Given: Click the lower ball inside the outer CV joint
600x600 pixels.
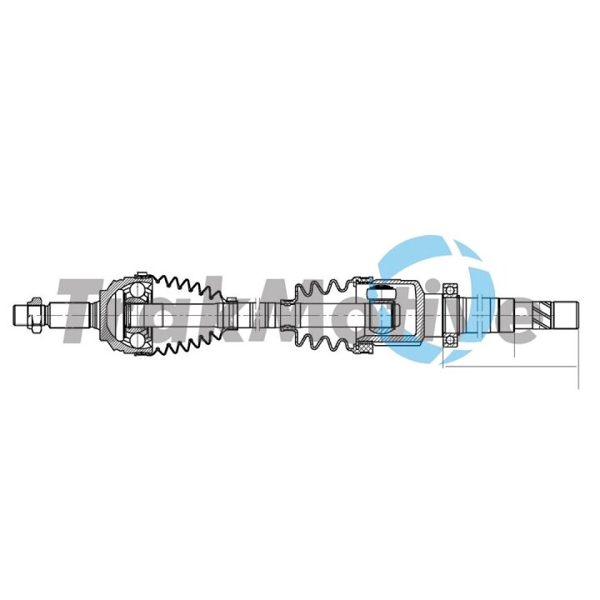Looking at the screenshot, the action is pyautogui.click(x=137, y=339).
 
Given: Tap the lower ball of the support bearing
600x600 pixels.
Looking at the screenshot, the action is pyautogui.click(x=451, y=340).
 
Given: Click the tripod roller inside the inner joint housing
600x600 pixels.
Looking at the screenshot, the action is pyautogui.click(x=381, y=294).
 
